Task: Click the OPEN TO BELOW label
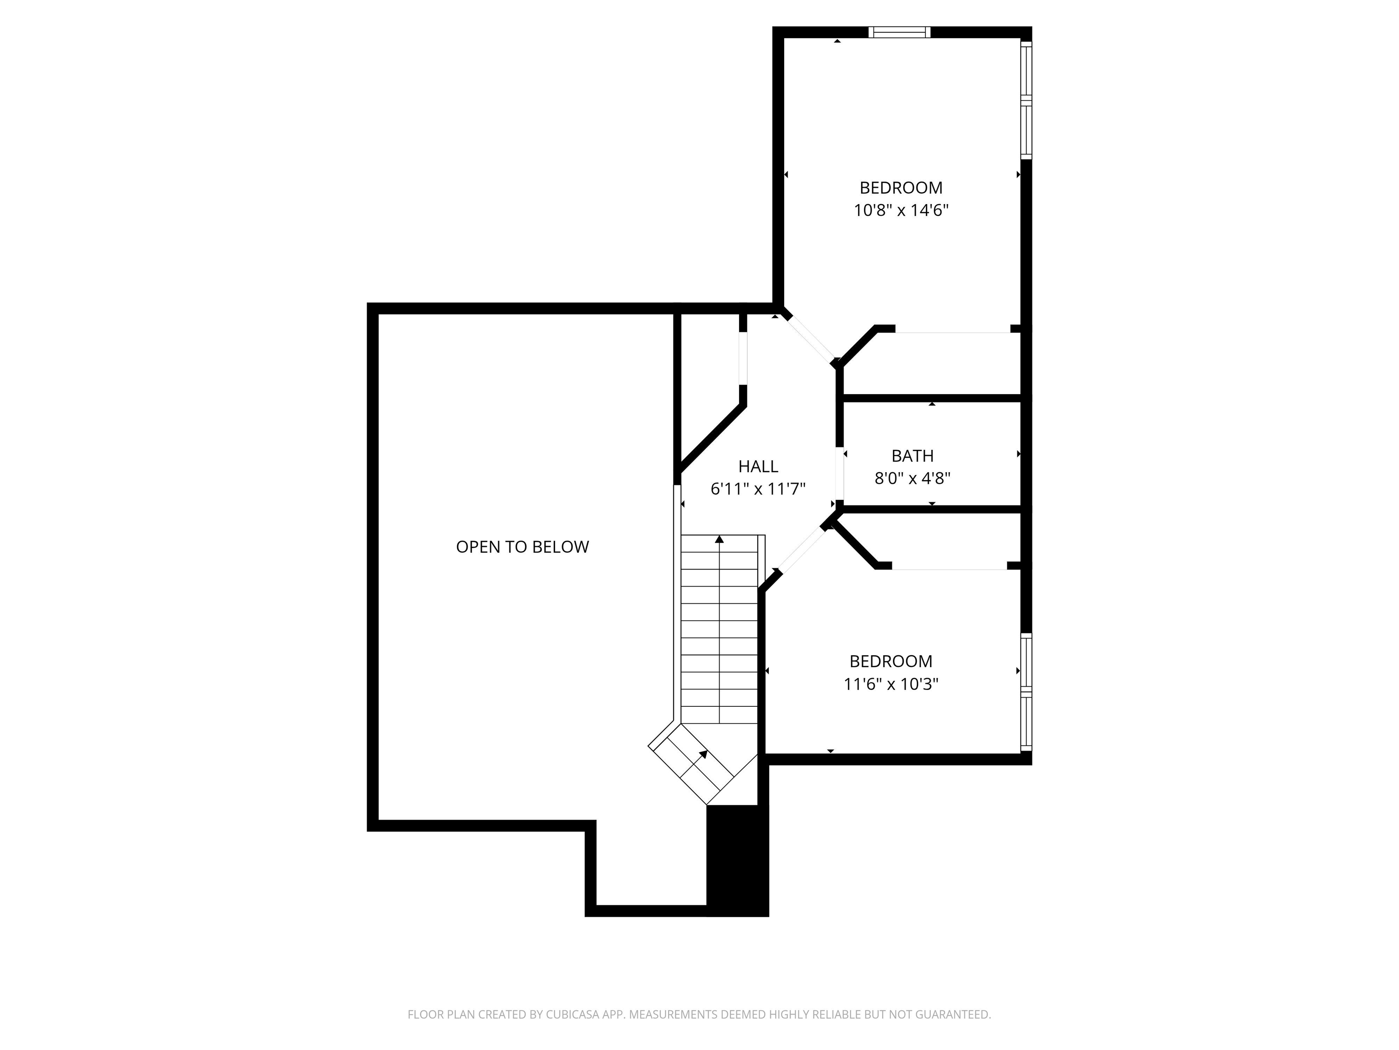522,547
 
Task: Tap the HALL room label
758,467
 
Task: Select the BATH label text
912,456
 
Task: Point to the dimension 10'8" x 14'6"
901,210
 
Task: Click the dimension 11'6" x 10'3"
890,684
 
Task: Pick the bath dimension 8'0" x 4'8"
912,479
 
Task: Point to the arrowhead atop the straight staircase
719,539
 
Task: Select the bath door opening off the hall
840,474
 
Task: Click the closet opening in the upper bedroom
953,330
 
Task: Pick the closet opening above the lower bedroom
949,567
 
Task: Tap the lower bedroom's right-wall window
1026,692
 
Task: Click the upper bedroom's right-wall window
1026,100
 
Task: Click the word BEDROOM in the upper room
901,188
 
